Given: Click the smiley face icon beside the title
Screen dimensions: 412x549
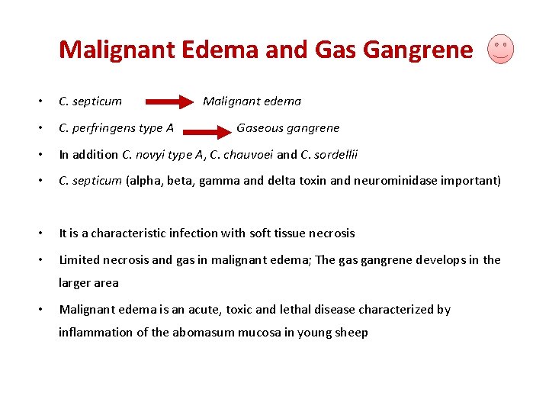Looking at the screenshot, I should (500, 49).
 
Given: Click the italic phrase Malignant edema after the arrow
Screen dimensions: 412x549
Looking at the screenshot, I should (252, 101).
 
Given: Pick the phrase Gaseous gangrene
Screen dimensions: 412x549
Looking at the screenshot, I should (287, 127).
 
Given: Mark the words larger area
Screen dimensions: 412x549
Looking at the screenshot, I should (88, 282).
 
